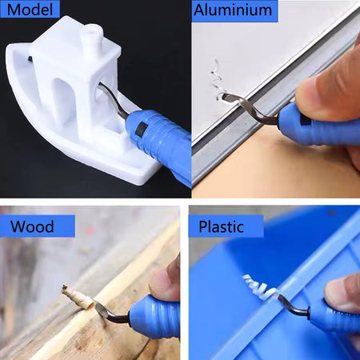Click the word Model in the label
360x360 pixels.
point(30,10)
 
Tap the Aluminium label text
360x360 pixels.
point(233,10)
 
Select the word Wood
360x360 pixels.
point(32,226)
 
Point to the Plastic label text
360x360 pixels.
point(221,227)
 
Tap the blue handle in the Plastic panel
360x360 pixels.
point(334,318)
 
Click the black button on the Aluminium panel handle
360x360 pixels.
point(304,120)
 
